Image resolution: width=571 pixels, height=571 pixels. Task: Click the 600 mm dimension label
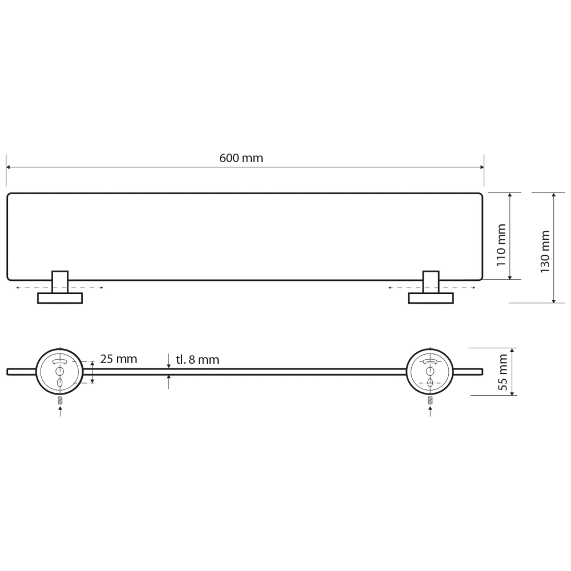(x=241, y=158)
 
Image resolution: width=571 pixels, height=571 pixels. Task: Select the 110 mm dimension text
(x=501, y=245)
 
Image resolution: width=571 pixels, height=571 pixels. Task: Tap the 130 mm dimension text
(x=545, y=251)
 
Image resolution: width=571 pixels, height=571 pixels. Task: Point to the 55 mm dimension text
(x=502, y=372)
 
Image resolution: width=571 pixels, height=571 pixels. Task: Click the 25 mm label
(x=119, y=359)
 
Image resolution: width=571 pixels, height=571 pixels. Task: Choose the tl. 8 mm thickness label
(x=198, y=360)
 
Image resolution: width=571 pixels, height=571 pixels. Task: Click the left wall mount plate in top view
(x=60, y=298)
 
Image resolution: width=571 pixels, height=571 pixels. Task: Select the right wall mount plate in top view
(x=431, y=298)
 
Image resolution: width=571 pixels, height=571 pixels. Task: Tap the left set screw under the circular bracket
(x=60, y=400)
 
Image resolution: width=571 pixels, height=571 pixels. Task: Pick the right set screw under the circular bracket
(x=431, y=400)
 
